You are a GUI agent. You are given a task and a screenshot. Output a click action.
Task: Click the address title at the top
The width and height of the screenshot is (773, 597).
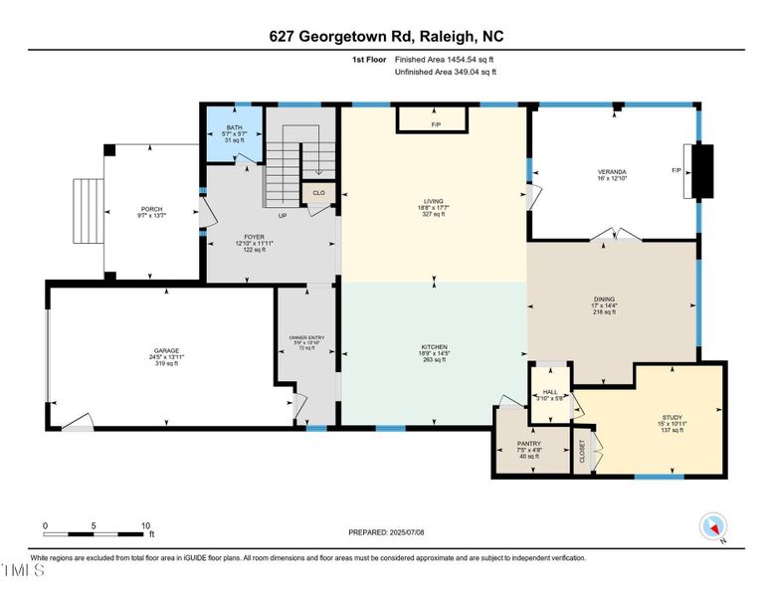385,36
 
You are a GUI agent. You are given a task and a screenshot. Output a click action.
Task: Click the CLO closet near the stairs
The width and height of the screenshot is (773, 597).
318,193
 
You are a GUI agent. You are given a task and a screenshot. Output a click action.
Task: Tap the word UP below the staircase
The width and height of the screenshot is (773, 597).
283,215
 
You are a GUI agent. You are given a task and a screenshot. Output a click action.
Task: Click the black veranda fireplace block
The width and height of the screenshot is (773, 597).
703,170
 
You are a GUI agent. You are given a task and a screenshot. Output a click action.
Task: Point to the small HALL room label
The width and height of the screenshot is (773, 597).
549,392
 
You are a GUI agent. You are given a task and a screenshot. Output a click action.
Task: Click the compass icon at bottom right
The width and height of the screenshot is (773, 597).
712,528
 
